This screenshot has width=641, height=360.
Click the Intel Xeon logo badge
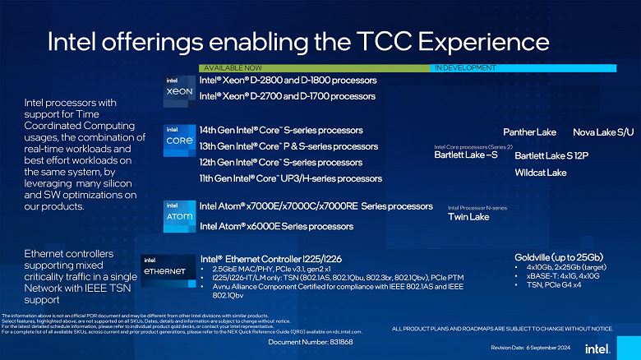coord(180,88)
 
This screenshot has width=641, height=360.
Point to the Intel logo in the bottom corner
coord(597,347)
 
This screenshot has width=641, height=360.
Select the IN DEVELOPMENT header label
coord(465,67)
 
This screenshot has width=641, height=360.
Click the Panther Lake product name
coord(529,132)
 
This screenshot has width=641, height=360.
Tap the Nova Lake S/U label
coord(603,132)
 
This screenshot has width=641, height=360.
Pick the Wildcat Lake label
coord(540,173)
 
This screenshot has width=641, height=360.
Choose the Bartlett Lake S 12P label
coord(551,155)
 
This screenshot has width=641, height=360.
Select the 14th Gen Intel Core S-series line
coord(281,130)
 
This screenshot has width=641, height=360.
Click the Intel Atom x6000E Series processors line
coord(276,226)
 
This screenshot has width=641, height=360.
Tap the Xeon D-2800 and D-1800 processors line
coord(288,81)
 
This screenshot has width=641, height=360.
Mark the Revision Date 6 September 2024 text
coord(530,348)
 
